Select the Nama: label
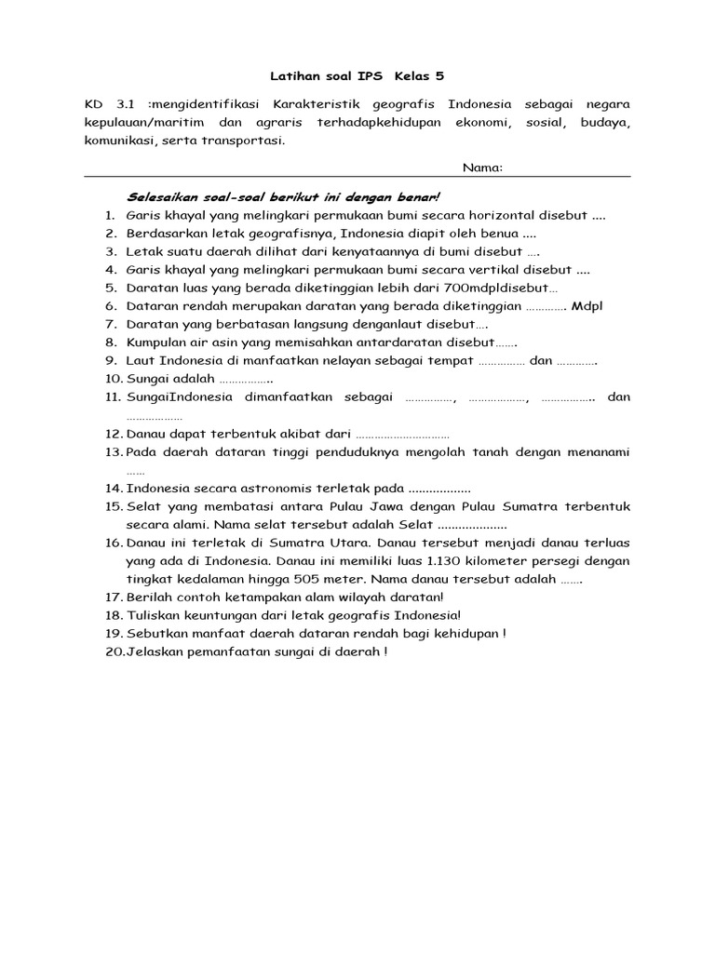482,168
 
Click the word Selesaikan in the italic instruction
158,197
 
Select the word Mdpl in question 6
587,306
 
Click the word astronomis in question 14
254,489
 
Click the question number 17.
114,597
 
